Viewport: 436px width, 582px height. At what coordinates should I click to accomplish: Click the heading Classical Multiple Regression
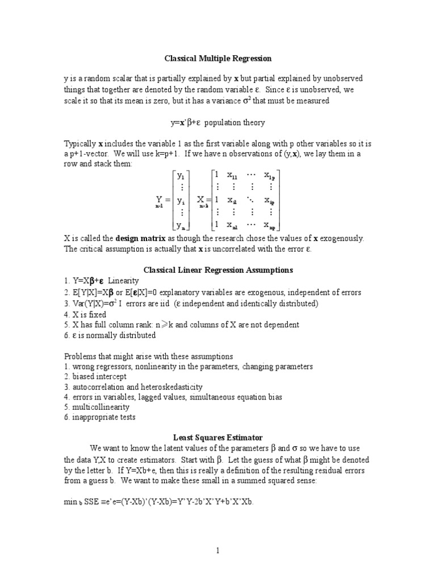click(218, 58)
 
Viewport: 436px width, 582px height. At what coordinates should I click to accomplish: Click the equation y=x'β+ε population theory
click(217, 122)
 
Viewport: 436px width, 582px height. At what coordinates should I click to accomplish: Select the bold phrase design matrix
click(141, 238)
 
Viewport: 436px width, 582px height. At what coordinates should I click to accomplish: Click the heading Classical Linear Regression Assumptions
click(218, 270)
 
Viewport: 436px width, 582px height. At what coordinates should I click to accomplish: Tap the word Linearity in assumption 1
click(123, 281)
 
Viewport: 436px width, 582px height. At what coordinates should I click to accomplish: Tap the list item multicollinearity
click(100, 407)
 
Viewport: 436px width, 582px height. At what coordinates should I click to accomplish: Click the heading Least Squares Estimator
click(218, 438)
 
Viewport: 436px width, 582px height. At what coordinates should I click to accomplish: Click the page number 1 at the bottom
click(217, 551)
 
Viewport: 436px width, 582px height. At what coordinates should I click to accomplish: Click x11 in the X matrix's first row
click(233, 176)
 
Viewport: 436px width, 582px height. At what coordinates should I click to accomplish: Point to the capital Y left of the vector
click(160, 200)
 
